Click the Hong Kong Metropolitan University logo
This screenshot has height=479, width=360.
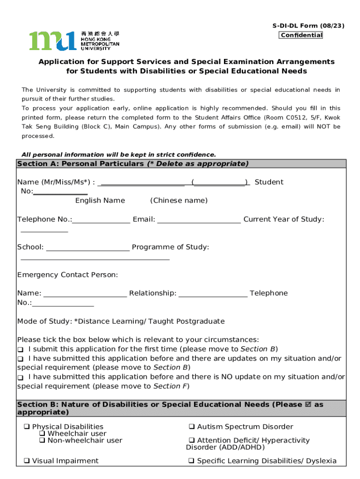tap(74, 41)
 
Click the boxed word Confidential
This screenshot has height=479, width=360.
tap(301, 35)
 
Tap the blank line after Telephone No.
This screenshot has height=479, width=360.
tap(101, 220)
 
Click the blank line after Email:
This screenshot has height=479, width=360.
tap(199, 220)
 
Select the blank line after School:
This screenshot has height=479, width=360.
tap(88, 247)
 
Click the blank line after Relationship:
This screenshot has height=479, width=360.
tap(213, 293)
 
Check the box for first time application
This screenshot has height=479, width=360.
tap(21, 350)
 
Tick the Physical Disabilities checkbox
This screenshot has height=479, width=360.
tap(27, 427)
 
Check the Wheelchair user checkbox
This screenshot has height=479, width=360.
tap(42, 434)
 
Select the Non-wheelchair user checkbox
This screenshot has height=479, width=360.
tap(42, 441)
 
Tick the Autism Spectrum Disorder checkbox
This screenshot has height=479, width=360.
tap(192, 427)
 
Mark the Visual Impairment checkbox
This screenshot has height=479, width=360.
tap(27, 461)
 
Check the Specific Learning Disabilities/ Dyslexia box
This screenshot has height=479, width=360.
tap(192, 461)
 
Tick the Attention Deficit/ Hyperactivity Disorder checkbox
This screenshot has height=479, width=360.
tap(192, 441)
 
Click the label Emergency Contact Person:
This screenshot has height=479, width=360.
tap(67, 275)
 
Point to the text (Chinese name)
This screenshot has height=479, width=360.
tap(179, 201)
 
